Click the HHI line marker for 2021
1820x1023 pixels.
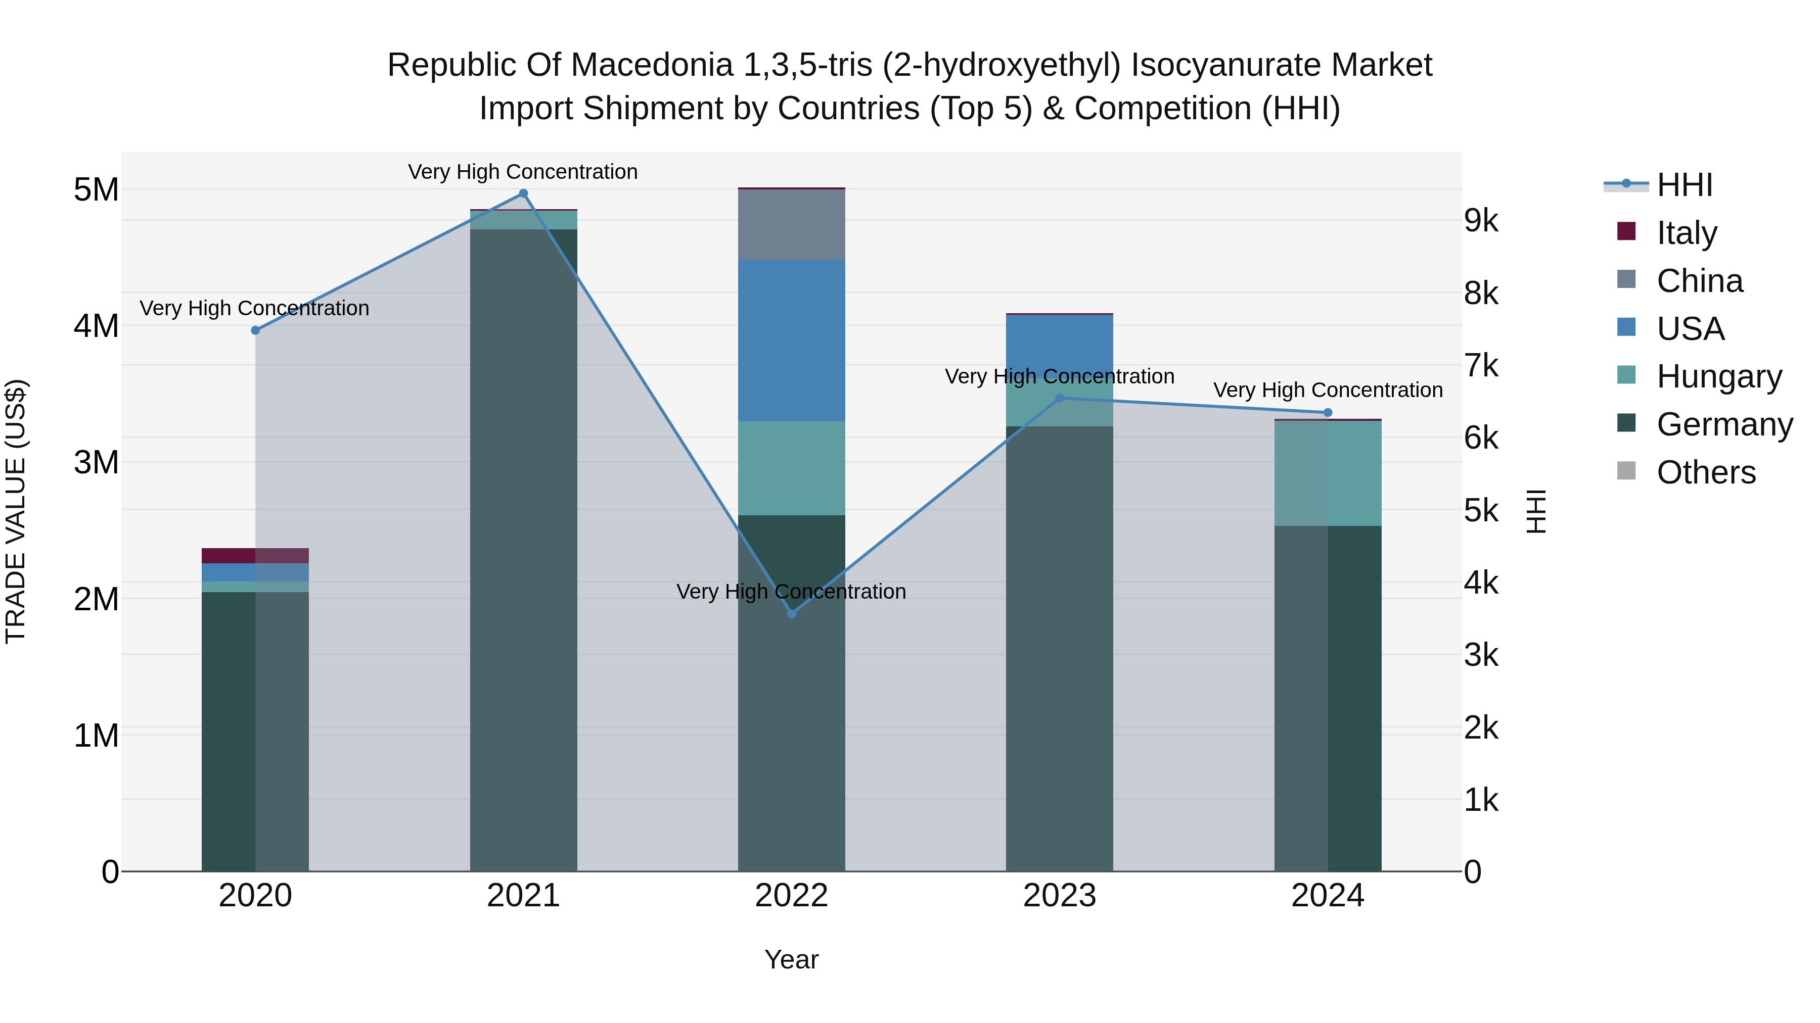(524, 193)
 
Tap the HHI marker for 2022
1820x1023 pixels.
(791, 613)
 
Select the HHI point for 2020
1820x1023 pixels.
(256, 330)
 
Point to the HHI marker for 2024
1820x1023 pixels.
(1328, 412)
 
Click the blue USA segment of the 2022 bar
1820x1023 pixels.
(791, 340)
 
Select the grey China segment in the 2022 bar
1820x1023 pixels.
(791, 224)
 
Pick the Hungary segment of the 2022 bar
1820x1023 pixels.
(791, 468)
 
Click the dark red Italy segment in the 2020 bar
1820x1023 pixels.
(227, 556)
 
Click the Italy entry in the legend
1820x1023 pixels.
(1686, 233)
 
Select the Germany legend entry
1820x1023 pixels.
(1724, 424)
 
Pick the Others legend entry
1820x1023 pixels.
(1706, 472)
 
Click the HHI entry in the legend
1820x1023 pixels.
(1685, 185)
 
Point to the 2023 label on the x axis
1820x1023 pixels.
(1059, 896)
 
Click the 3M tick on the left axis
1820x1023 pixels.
(96, 462)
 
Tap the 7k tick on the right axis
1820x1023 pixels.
(1481, 366)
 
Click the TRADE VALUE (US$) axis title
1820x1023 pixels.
(16, 511)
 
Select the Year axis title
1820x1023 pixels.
(791, 959)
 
